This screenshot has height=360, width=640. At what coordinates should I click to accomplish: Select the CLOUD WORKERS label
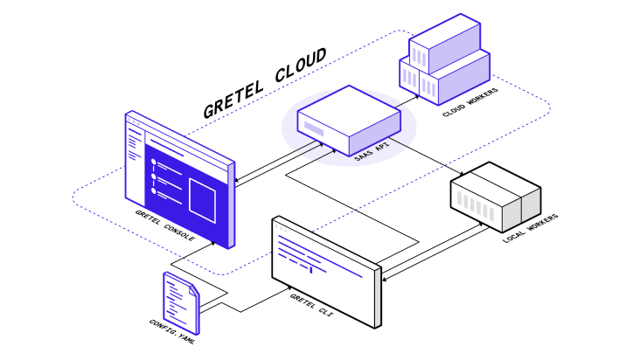tap(470, 101)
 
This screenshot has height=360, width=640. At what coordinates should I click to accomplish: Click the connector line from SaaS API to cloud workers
tap(407, 101)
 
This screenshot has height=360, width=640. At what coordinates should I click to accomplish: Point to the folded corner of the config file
tap(193, 283)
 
